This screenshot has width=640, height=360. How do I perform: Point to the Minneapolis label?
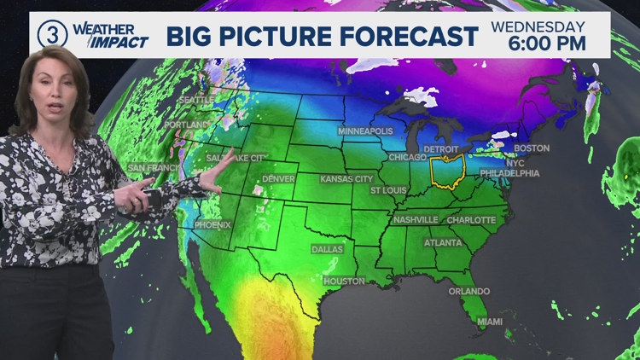tap(365, 131)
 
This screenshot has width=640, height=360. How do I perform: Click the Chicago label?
tap(408, 158)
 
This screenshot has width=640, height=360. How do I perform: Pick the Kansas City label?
tap(346, 179)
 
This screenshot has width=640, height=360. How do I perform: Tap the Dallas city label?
tap(327, 249)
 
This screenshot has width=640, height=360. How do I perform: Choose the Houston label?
tap(344, 282)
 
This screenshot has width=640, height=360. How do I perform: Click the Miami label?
tap(490, 322)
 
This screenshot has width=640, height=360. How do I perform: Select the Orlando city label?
tap(470, 291)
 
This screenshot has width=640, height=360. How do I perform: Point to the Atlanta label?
tap(444, 242)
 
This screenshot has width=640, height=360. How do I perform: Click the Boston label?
tap(532, 148)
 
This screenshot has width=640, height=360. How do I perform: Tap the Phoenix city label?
tap(212, 225)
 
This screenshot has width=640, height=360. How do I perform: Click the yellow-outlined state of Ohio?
tap(447, 170)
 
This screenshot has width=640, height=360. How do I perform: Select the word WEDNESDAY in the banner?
tap(538, 26)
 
